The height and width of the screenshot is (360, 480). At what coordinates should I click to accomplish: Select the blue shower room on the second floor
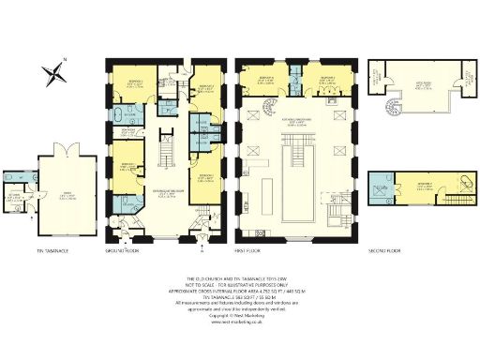pos(385,185)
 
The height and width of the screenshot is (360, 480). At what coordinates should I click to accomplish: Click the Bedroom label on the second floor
pos(425,185)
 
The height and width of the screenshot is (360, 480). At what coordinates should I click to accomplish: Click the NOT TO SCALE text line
pos(240,282)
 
